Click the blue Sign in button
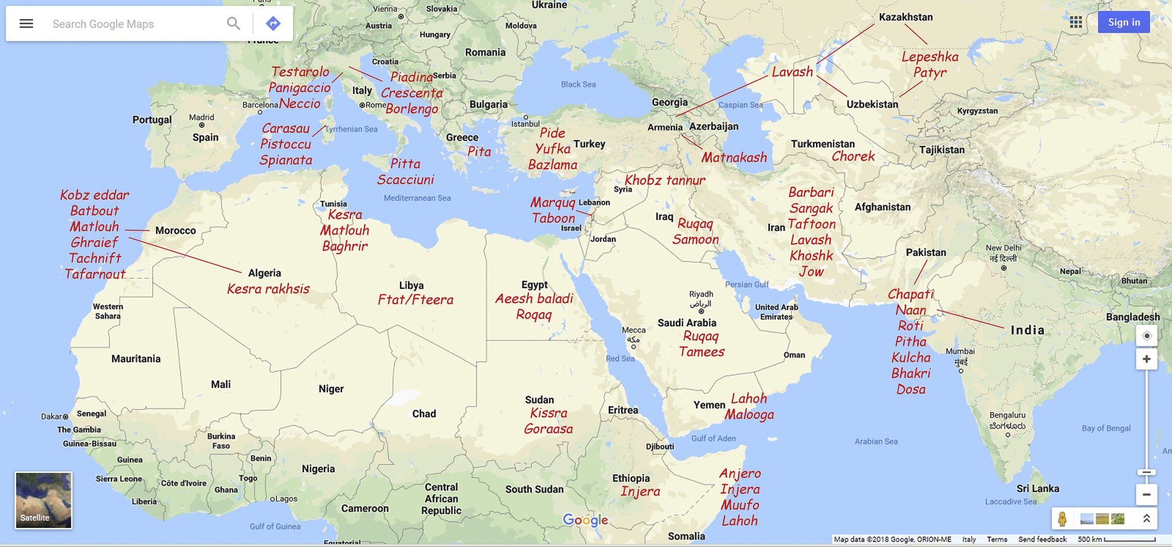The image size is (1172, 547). pyautogui.click(x=1123, y=22)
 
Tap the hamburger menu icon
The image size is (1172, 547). pyautogui.click(x=26, y=23)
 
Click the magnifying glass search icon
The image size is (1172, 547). pyautogui.click(x=233, y=23)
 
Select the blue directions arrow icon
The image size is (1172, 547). pyautogui.click(x=273, y=23)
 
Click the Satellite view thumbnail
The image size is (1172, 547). pyautogui.click(x=43, y=500)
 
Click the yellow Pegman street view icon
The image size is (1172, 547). pyautogui.click(x=1062, y=519)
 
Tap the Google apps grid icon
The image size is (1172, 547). pyautogui.click(x=1076, y=22)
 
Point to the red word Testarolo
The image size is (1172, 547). pyautogui.click(x=300, y=72)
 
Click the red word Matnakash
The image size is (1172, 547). pyautogui.click(x=734, y=157)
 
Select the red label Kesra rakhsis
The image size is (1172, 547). pyautogui.click(x=268, y=289)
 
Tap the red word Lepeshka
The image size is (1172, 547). pyautogui.click(x=929, y=57)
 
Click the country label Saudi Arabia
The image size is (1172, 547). pyautogui.click(x=687, y=323)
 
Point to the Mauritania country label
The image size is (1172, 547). pyautogui.click(x=136, y=359)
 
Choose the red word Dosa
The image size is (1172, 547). pyautogui.click(x=910, y=389)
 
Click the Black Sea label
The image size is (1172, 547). pyautogui.click(x=578, y=84)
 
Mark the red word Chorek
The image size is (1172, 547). pyautogui.click(x=853, y=157)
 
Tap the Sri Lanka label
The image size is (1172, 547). pyautogui.click(x=1038, y=489)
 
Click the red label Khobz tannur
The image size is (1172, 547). pyautogui.click(x=664, y=180)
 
